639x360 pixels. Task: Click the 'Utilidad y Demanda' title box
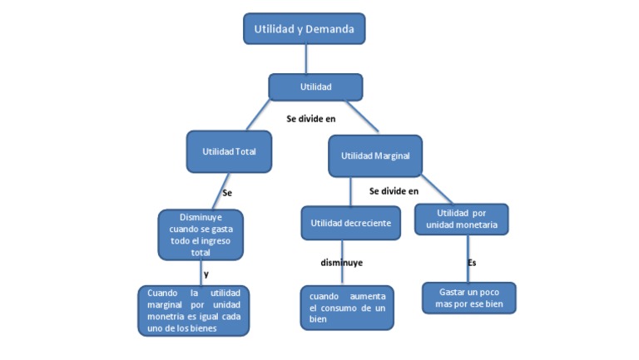pos(304,29)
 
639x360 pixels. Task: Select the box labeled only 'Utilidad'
pos(315,86)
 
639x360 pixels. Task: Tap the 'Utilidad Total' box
pos(229,151)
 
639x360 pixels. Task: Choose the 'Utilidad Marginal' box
pos(375,155)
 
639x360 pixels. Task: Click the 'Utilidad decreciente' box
pos(351,223)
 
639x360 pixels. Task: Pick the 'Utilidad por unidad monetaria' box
pos(461,219)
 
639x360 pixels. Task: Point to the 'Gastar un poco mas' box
pos(469,298)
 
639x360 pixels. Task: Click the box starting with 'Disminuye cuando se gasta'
pos(201,234)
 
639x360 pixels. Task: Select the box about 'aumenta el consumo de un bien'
pos(347,308)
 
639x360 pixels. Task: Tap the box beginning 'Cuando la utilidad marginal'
pos(193,310)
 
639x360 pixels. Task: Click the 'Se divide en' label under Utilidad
pos(310,119)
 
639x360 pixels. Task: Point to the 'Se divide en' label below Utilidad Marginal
pos(394,191)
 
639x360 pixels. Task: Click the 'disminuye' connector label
pos(342,263)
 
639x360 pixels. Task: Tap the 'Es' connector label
pos(471,263)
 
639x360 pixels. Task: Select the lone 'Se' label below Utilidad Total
pos(226,193)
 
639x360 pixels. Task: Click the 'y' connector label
pos(206,273)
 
